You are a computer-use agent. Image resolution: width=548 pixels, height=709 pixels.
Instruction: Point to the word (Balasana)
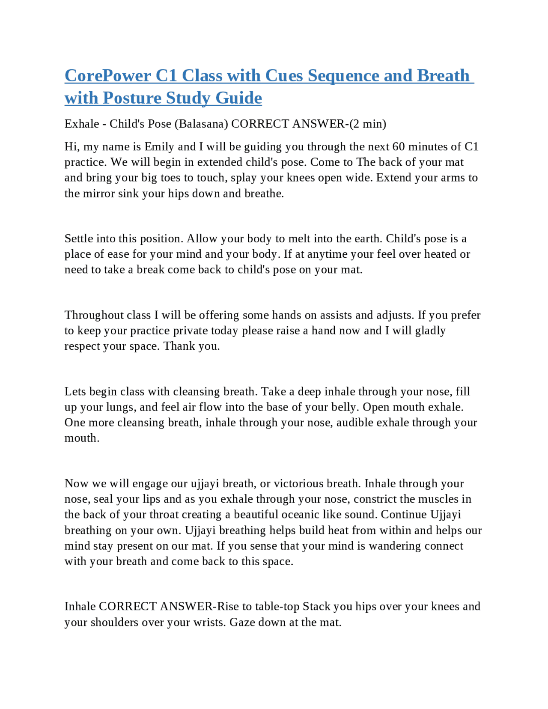coord(201,124)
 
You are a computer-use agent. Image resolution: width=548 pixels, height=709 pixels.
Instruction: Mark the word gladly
coord(428,331)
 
